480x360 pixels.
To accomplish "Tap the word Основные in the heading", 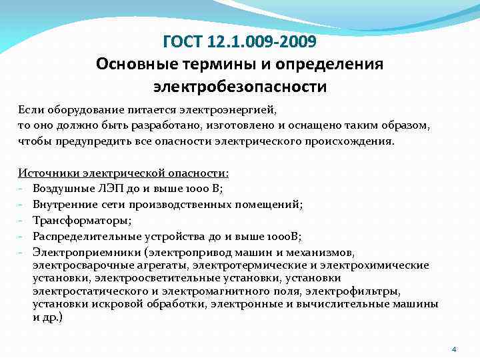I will (136, 65).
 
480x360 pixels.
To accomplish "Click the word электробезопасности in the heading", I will (240, 86).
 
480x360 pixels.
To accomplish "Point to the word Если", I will (29, 108).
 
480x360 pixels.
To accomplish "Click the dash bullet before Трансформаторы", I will (21, 221).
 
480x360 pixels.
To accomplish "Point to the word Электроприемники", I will (82, 253).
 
